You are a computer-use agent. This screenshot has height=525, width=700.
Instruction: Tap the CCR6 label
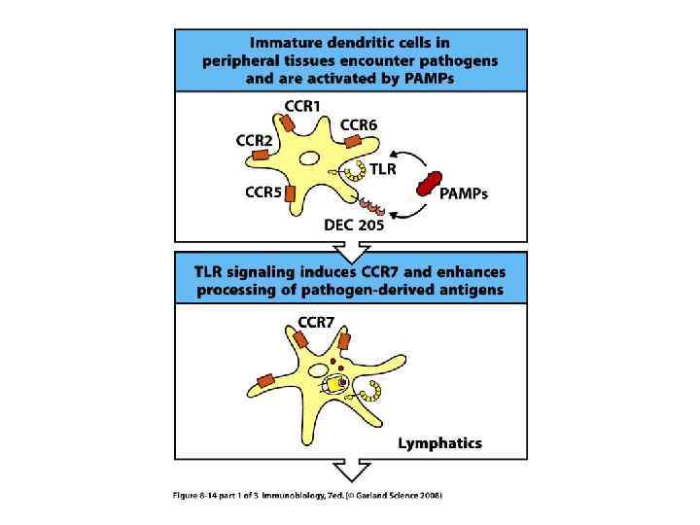(x=360, y=123)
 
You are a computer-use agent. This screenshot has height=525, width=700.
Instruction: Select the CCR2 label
(x=255, y=139)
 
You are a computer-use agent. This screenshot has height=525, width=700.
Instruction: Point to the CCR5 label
(x=262, y=192)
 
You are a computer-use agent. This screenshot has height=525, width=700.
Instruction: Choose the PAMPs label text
(x=464, y=193)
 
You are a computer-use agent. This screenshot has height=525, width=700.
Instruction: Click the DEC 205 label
(x=354, y=225)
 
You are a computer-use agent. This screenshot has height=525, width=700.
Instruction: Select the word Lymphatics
(x=439, y=443)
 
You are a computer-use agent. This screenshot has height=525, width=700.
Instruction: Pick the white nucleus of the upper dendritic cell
(x=309, y=157)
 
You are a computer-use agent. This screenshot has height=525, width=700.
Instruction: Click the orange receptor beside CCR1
(x=290, y=122)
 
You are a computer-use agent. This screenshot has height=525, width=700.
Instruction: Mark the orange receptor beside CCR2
(x=262, y=154)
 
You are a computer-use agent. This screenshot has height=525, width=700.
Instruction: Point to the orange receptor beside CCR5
(x=291, y=192)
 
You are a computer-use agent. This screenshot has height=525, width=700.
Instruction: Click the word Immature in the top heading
(x=285, y=43)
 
